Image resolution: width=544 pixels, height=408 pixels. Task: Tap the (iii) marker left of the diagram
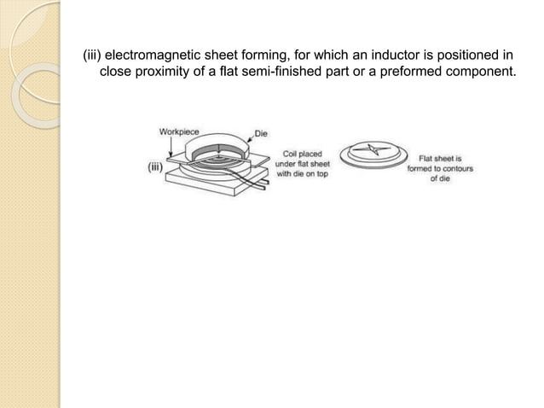click(x=155, y=168)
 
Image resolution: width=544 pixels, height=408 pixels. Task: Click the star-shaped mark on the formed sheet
click(x=371, y=151)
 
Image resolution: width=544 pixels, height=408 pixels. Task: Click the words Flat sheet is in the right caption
click(x=440, y=158)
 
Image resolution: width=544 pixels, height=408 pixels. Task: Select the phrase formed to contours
click(x=440, y=168)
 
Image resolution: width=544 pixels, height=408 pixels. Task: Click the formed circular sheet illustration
click(x=371, y=154)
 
